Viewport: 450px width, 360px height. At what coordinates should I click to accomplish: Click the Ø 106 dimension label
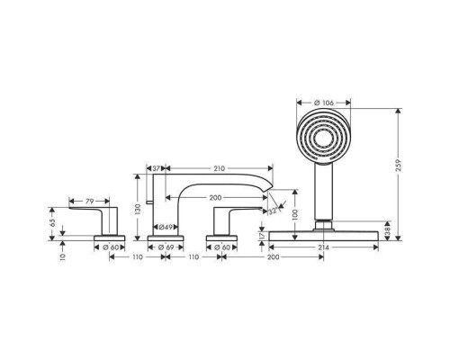click(323, 103)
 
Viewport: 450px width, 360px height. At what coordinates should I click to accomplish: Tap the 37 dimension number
click(156, 168)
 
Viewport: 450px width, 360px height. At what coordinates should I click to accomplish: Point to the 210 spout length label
click(219, 168)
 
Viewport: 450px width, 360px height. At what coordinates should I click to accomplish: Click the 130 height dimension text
click(138, 210)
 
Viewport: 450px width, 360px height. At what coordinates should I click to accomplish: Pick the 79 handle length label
click(90, 201)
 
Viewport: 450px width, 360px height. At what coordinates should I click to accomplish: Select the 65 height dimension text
click(52, 222)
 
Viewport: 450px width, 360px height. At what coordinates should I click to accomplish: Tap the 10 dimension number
click(62, 257)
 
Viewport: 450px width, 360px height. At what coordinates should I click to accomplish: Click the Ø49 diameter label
click(166, 227)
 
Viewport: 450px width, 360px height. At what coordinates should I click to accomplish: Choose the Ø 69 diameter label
click(166, 247)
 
